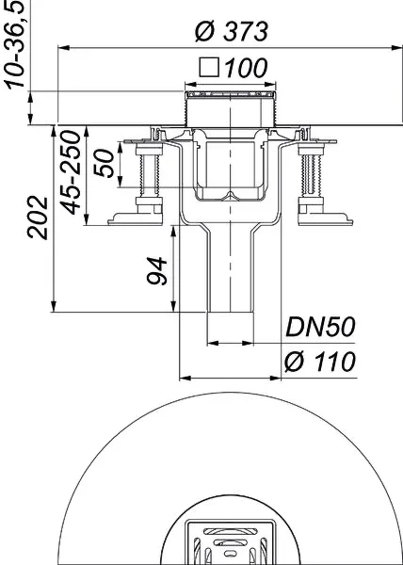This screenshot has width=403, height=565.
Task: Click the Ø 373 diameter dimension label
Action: click(231, 30)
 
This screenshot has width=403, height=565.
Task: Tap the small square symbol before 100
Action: click(210, 67)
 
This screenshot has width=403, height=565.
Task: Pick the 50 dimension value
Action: click(107, 166)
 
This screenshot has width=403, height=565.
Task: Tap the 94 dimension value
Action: click(157, 271)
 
